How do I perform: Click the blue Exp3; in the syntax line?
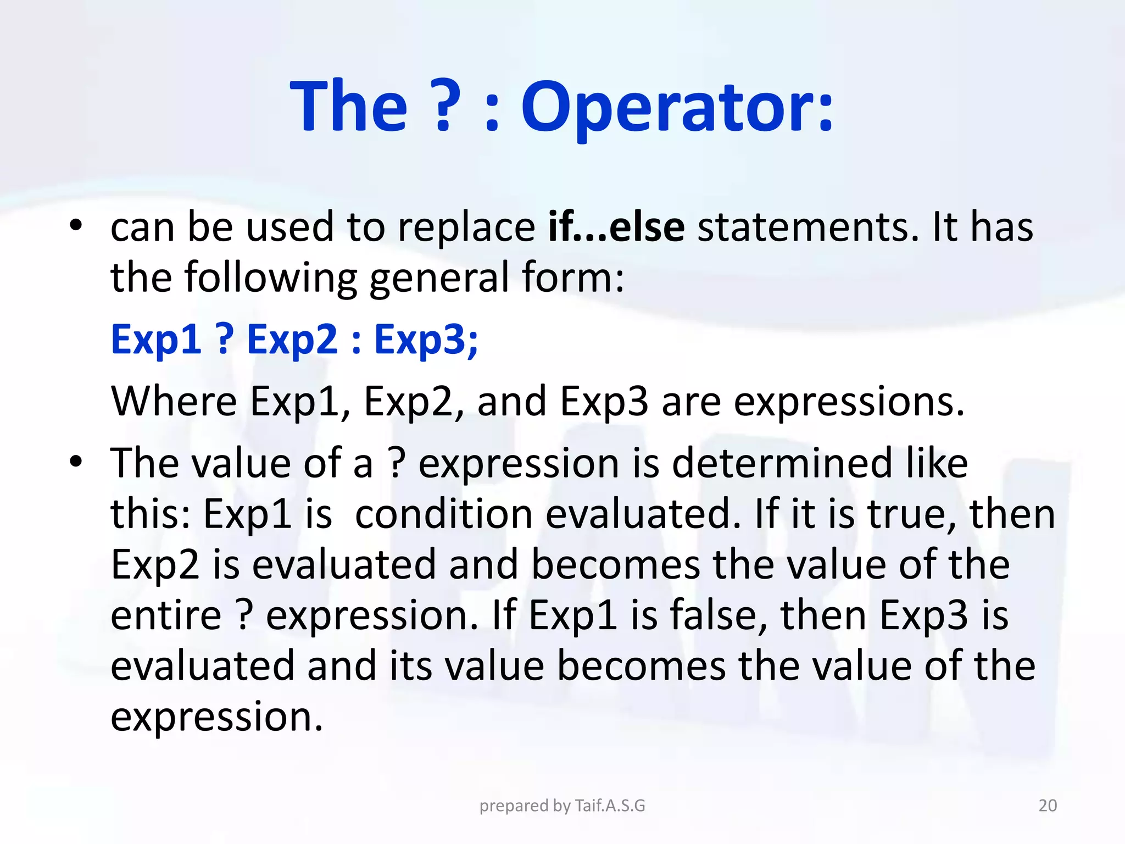[x=426, y=340]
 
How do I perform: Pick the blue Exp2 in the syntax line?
[x=292, y=340]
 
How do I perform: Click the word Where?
[x=174, y=401]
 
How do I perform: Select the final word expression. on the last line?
[x=216, y=718]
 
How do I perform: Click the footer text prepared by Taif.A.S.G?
[x=562, y=806]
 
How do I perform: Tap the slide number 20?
[x=1048, y=806]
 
